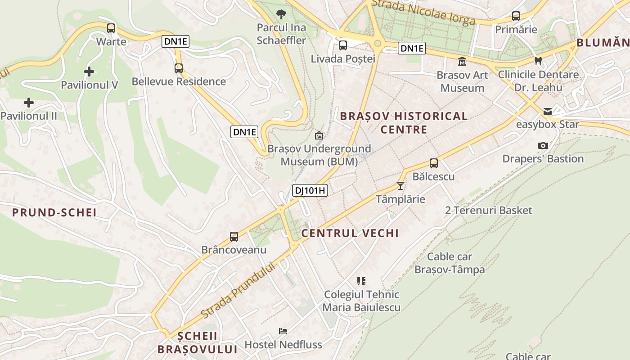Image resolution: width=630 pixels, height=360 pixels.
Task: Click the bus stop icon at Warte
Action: (111, 28)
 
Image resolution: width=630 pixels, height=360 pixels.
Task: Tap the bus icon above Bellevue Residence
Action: (179, 68)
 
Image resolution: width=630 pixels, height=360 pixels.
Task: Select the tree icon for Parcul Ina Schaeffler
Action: (281, 14)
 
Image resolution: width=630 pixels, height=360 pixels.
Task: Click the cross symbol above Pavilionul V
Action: (89, 71)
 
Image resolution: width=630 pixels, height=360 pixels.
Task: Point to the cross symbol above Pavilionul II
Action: (29, 103)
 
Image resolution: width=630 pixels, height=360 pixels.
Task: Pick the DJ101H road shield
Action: (310, 190)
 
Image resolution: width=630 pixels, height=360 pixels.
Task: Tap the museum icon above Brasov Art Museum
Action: (462, 62)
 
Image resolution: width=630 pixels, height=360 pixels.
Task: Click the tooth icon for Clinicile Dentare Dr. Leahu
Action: (538, 61)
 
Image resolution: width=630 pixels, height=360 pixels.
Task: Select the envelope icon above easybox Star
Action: (548, 111)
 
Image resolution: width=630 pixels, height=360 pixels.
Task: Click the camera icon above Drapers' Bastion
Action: (543, 145)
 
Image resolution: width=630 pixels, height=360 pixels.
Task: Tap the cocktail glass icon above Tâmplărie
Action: (400, 185)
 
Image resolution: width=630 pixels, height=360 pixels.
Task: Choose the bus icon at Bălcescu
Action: (434, 163)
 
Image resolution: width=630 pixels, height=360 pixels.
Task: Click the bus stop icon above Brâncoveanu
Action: (234, 237)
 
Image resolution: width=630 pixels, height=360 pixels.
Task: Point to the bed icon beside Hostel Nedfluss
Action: (283, 331)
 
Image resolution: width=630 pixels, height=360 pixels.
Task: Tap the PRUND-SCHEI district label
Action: (54, 212)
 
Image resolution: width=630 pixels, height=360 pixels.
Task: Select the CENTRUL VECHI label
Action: (350, 233)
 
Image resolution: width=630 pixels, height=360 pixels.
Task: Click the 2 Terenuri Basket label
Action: (488, 210)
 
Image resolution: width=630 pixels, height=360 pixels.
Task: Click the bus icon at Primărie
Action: (516, 17)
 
